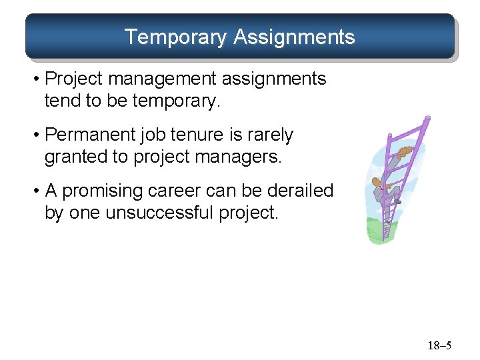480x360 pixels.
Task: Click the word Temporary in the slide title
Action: coord(176,37)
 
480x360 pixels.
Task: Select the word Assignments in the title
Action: coord(294,37)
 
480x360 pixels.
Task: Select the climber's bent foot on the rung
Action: coord(397,200)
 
